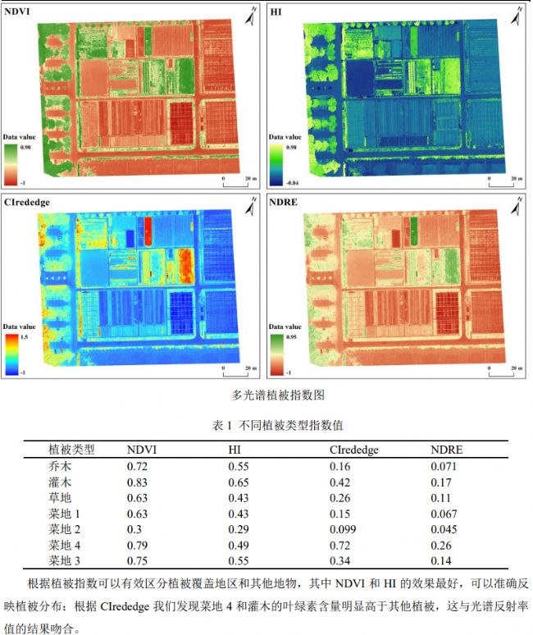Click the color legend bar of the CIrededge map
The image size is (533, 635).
(x=11, y=354)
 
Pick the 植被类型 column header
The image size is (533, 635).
(x=71, y=450)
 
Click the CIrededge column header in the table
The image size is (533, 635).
(x=353, y=450)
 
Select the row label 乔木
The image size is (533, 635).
(x=60, y=465)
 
